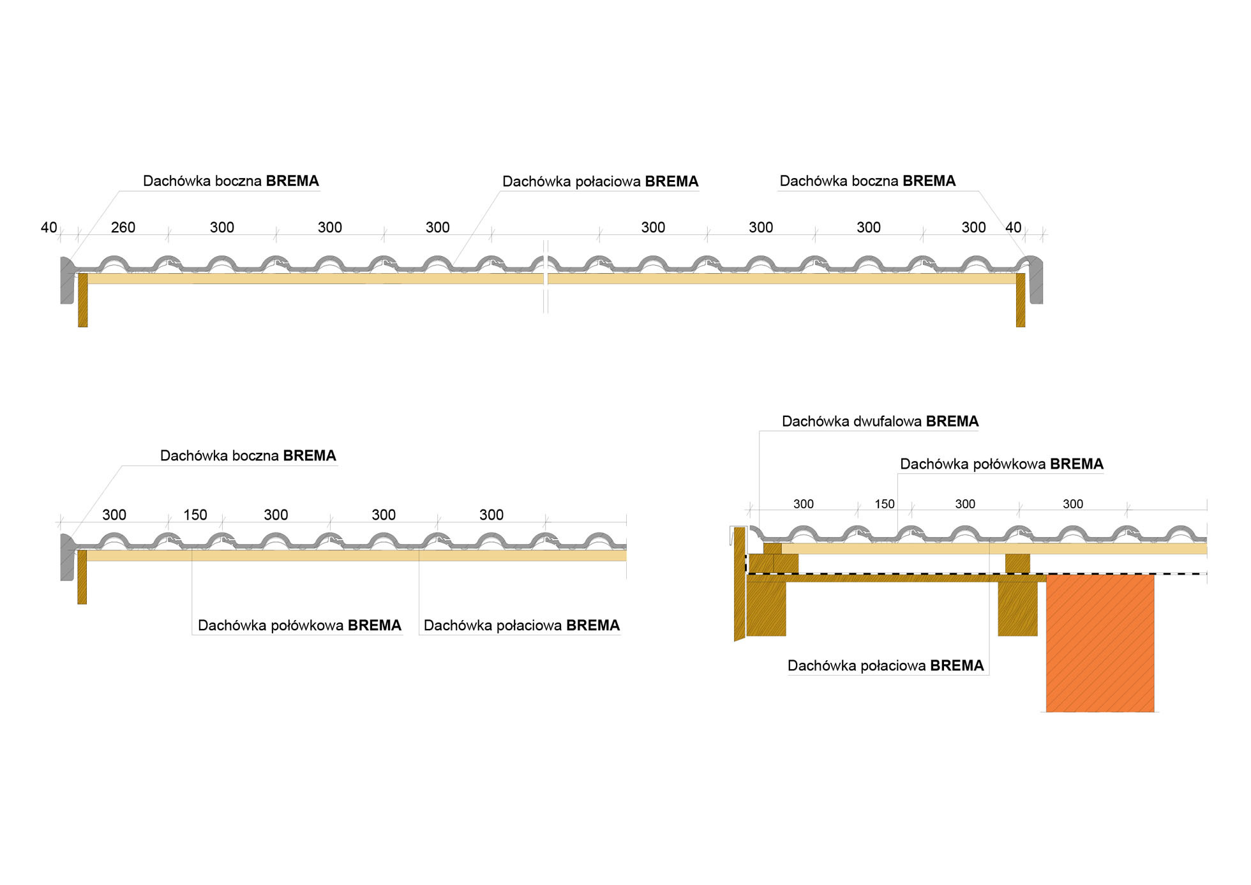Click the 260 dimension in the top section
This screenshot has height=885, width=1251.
tap(123, 227)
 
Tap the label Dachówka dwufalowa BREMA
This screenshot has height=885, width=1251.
tap(880, 421)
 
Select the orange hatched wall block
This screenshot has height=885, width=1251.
tap(1100, 642)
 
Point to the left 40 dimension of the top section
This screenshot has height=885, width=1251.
tap(49, 227)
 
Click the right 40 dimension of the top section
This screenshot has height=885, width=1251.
tap(1013, 227)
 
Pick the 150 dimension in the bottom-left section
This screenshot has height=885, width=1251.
tap(195, 515)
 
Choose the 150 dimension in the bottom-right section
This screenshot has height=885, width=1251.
tap(884, 504)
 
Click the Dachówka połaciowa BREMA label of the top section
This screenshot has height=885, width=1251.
tap(600, 181)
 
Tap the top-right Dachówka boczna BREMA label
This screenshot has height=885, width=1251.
tap(867, 181)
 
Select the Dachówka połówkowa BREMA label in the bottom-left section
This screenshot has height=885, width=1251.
tap(299, 625)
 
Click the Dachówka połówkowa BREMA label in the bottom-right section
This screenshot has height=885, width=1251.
tap(1001, 464)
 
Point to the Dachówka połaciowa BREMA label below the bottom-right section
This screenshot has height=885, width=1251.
tap(885, 665)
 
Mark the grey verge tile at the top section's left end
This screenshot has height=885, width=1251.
tap(66, 281)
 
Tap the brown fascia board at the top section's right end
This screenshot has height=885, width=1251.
tap(1021, 300)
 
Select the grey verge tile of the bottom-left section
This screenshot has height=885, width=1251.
tap(66, 557)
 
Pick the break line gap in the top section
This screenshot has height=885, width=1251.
tap(546, 278)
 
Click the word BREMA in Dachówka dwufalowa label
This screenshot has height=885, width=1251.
tap(952, 421)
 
